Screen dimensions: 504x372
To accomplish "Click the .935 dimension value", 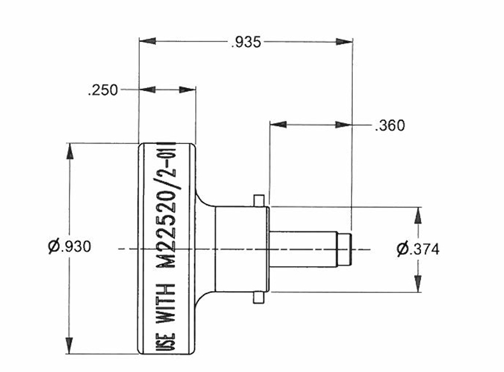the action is point(246,43).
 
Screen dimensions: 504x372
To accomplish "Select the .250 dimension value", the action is point(103,90).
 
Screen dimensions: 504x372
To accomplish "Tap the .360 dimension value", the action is point(390,125).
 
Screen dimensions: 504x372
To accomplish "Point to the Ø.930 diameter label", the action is point(70,247).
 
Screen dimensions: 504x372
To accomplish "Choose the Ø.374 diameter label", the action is point(418,249).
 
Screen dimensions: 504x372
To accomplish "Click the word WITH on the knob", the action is point(166,303).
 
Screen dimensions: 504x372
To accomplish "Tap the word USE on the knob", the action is point(167,342).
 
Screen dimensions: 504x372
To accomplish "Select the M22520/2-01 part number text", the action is point(167,204).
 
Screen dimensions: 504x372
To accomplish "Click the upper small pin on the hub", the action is point(258,201).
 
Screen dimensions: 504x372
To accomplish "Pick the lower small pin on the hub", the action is point(258,297).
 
